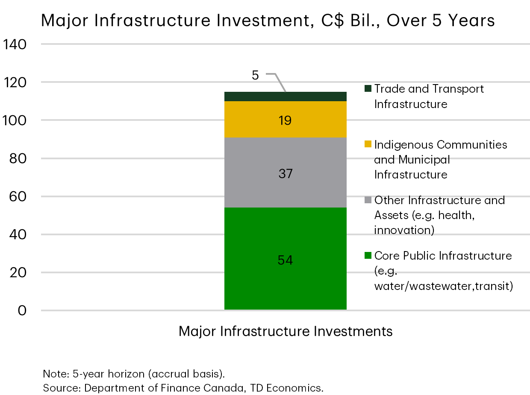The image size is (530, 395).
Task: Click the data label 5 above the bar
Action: tap(255, 76)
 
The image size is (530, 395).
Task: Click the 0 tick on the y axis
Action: tap(22, 310)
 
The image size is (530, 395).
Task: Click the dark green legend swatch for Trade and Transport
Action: tap(368, 89)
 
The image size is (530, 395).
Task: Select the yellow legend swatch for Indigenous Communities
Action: tap(368, 144)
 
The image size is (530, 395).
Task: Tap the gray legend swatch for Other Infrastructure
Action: tap(368, 200)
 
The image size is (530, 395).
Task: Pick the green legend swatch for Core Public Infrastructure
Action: tap(368, 256)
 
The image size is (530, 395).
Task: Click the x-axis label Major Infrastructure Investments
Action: tap(286, 331)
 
